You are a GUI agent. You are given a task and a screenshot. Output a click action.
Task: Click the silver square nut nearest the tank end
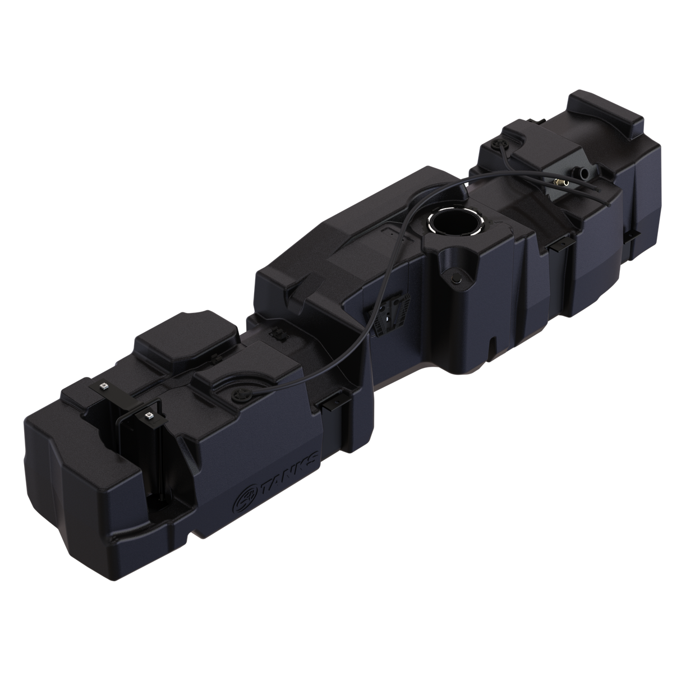click(x=104, y=386)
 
